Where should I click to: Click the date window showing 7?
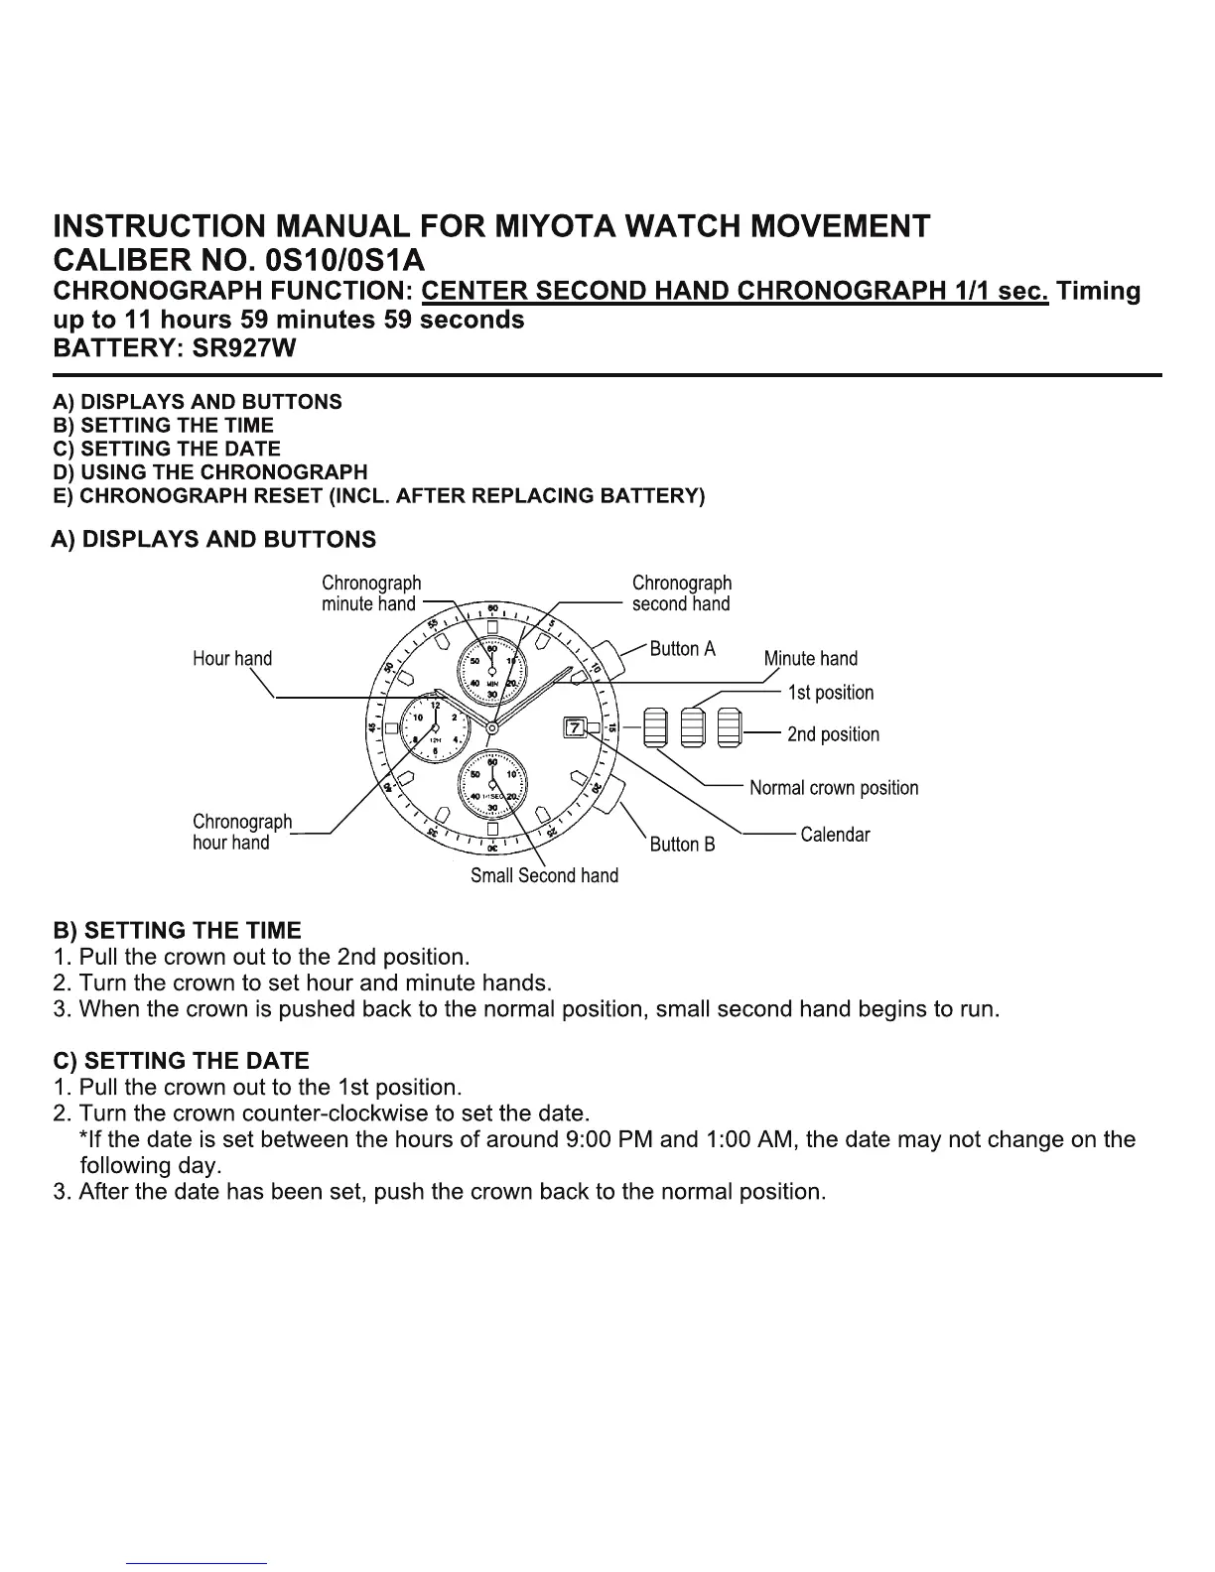tap(575, 728)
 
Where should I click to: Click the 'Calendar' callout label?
tap(835, 835)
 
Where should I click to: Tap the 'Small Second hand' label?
tap(544, 875)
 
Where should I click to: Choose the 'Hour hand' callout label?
tap(231, 658)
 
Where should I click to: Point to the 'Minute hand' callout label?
tap(810, 658)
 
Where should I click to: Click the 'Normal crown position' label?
tap(834, 788)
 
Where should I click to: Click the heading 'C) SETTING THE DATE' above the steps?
tap(181, 1061)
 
